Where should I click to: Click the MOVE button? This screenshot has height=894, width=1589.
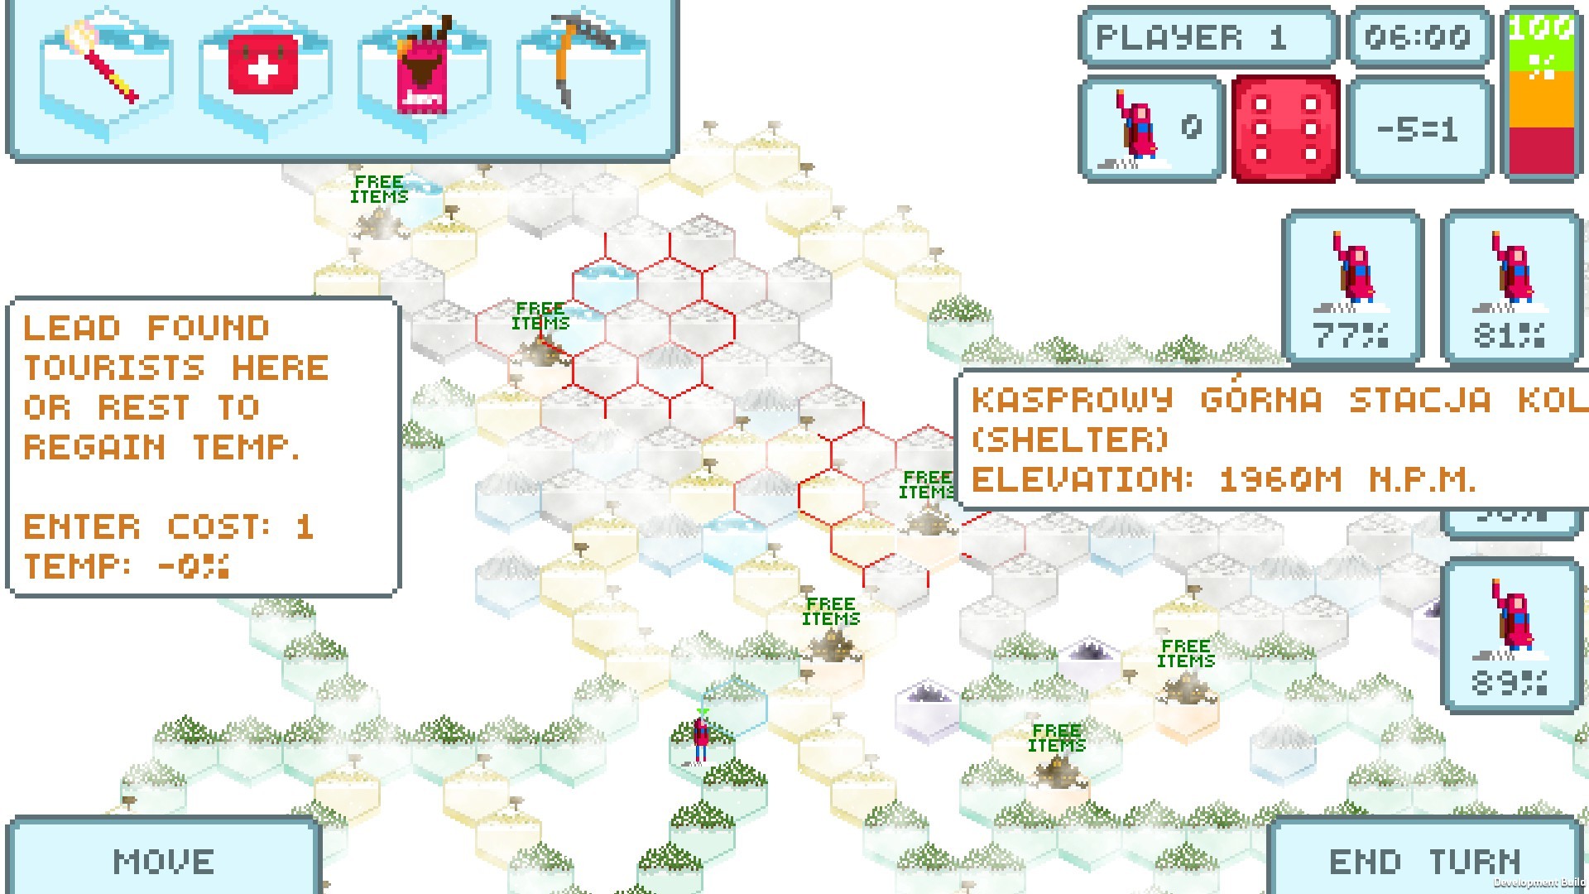pos(163,861)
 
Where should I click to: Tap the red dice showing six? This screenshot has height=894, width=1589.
pos(1285,128)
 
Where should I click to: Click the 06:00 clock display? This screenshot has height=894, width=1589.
pos(1418,37)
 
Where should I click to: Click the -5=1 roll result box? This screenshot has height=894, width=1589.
pos(1418,129)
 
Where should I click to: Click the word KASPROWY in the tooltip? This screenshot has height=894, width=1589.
pos(1073,401)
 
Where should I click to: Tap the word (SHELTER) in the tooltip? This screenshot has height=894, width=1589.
pos(1069,440)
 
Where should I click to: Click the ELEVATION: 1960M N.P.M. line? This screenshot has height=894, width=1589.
pos(1223,479)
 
